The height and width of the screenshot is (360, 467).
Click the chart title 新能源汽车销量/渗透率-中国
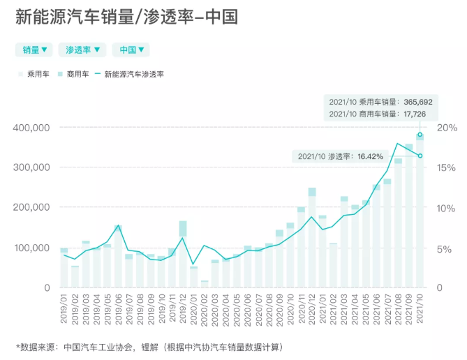(x=126, y=17)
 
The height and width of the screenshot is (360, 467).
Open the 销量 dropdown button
(x=35, y=50)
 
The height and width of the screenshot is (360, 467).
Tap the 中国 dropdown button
(x=131, y=50)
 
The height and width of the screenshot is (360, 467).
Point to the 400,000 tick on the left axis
(x=31, y=128)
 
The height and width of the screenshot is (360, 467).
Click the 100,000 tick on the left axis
(x=31, y=248)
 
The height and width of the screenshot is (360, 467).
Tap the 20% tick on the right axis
(x=447, y=128)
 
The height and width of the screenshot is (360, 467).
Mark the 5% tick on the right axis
(x=444, y=248)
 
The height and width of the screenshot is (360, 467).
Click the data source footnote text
(x=149, y=347)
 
